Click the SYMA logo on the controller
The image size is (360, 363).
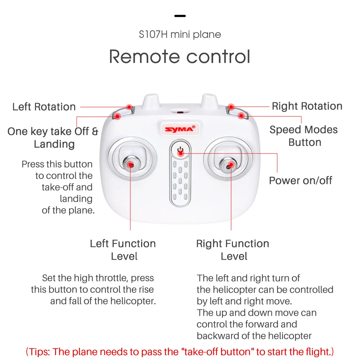[x=180, y=129]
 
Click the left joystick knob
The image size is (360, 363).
[x=131, y=164]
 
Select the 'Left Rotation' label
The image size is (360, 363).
[x=44, y=107]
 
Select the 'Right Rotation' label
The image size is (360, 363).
[x=307, y=106]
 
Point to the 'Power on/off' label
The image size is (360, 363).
[x=301, y=180]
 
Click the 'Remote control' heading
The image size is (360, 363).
[x=180, y=57]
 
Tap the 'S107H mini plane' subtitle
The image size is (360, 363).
[x=180, y=35]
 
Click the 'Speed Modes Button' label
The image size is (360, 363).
[x=304, y=136]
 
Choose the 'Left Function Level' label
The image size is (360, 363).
[x=123, y=250]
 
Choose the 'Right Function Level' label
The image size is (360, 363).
[x=233, y=250]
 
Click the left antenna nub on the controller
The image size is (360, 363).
[x=151, y=101]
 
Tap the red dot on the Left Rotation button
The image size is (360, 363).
[x=129, y=107]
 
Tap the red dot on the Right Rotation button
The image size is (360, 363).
[x=231, y=107]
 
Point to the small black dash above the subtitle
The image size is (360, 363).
[x=180, y=16]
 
